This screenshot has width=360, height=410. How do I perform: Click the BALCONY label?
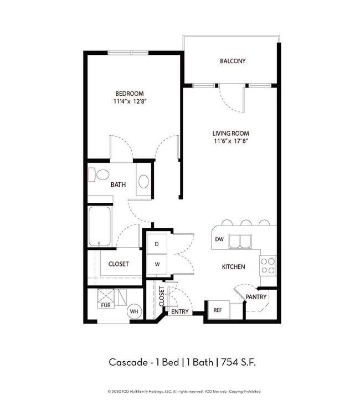232,61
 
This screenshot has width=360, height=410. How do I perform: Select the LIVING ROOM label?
231,133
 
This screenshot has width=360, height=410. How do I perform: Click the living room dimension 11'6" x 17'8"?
231,141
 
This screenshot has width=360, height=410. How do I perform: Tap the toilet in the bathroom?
101,175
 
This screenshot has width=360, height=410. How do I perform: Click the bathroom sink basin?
143,181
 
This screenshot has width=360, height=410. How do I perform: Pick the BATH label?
119,184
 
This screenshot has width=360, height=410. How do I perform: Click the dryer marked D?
157,244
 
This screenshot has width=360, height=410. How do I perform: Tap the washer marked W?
157,264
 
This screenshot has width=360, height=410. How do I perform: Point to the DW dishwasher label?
219,240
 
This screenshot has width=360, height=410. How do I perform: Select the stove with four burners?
268,265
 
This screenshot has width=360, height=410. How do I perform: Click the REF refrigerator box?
218,310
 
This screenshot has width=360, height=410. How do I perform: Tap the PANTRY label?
256,297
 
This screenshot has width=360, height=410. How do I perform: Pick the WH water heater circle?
133,312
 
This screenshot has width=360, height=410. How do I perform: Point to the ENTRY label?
180,311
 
